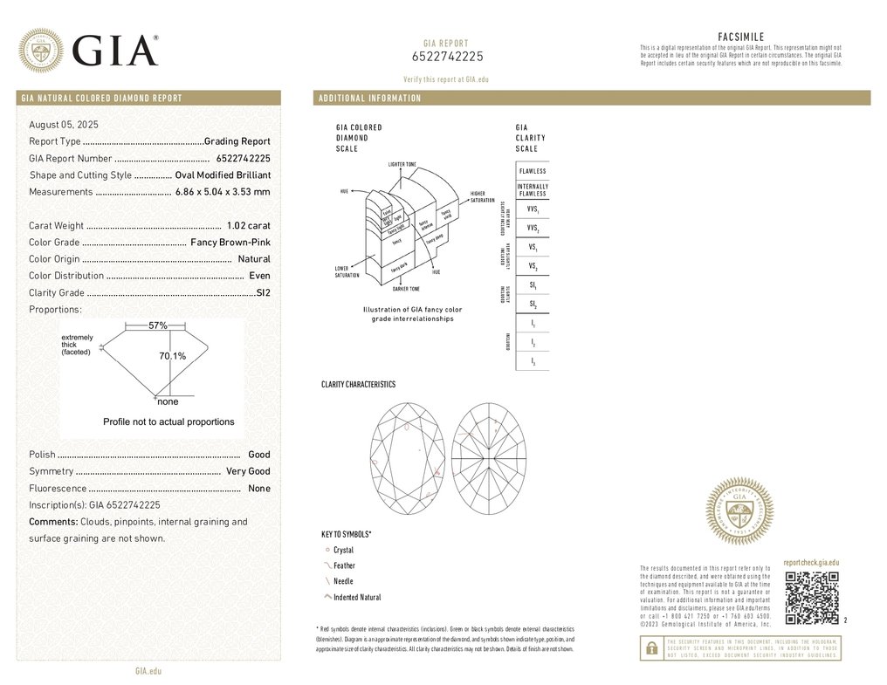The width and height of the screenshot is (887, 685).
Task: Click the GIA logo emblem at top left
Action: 41,50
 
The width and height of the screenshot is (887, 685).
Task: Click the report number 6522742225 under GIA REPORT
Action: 447,57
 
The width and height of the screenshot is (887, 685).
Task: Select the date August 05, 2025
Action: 64,125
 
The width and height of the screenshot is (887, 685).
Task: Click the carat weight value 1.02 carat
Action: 248,226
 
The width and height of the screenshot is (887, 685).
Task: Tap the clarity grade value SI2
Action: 263,293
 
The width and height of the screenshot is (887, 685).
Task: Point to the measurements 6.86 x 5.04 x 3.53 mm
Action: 223,192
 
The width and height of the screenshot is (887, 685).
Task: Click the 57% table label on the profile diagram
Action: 157,325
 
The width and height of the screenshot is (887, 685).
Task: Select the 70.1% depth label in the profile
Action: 172,356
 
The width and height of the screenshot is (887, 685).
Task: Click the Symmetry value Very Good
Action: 248,471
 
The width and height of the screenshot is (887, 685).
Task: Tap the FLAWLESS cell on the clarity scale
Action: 533,171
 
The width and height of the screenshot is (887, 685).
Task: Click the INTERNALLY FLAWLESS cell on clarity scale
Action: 533,190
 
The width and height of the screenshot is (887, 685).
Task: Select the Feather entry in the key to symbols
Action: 344,565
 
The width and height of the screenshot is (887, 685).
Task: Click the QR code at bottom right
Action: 812,598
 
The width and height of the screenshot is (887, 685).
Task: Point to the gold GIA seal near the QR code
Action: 739,511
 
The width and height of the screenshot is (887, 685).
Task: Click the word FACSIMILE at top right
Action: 740,37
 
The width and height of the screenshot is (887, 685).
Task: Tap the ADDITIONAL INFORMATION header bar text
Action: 369,98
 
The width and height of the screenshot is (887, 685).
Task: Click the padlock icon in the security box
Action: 650,647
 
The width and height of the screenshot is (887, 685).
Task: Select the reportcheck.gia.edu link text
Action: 811,564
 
